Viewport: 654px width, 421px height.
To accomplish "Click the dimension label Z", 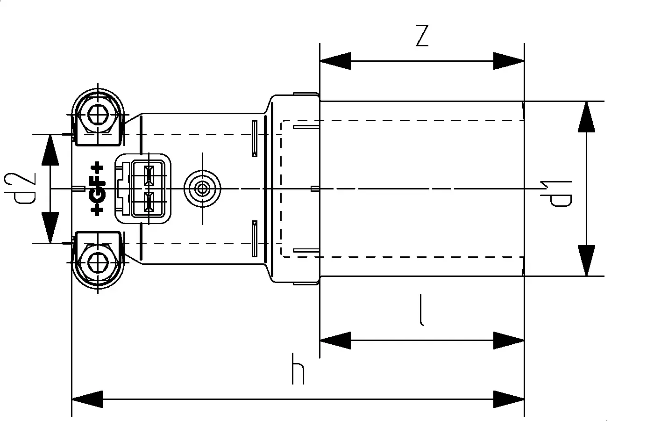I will (x=422, y=36).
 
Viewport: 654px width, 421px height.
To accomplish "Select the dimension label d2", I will (x=25, y=189).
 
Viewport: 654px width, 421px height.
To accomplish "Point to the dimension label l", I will (x=422, y=310).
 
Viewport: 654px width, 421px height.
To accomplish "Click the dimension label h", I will (x=298, y=369).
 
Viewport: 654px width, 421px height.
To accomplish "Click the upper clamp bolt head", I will (x=98, y=112).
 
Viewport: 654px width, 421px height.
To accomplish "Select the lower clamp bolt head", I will (x=98, y=265).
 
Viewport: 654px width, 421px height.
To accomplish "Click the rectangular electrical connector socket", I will (x=143, y=189).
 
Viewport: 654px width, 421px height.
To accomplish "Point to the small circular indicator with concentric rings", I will (x=202, y=189).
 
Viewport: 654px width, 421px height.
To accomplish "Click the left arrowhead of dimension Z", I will (x=335, y=61).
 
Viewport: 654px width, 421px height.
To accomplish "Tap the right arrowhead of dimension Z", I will (x=509, y=61).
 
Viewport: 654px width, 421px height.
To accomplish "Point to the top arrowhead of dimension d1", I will (x=587, y=116).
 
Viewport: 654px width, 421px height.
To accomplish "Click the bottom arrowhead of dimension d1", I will (x=587, y=261).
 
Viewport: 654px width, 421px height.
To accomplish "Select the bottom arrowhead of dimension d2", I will (x=50, y=228).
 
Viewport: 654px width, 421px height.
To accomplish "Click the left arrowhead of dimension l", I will (x=335, y=341).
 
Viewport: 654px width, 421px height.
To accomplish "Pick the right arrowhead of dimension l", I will (x=509, y=341).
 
